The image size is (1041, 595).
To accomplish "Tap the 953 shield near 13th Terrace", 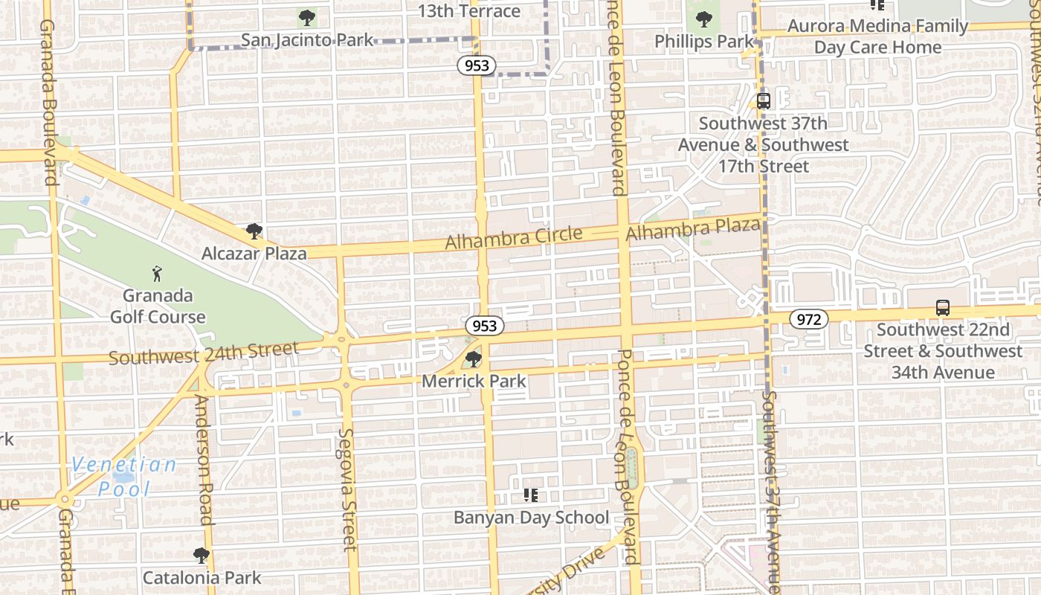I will pyautogui.click(x=477, y=65).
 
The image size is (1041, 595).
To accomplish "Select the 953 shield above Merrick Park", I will pyautogui.click(x=485, y=326).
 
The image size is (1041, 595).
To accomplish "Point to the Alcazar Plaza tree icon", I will pyautogui.click(x=254, y=231).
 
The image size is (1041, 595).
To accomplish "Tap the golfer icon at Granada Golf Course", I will pyautogui.click(x=157, y=273).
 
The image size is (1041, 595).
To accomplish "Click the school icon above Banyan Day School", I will pyautogui.click(x=531, y=495).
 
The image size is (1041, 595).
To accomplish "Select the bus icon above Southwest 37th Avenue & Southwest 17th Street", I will pyautogui.click(x=764, y=101).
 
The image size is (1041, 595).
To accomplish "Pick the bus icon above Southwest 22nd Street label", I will pyautogui.click(x=943, y=308).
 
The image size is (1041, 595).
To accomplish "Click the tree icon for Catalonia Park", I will pyautogui.click(x=201, y=556).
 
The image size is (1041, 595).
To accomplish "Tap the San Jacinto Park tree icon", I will pyautogui.click(x=306, y=18).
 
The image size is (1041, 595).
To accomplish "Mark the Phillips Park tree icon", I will pyautogui.click(x=703, y=20).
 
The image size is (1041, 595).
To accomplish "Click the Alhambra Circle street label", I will pyautogui.click(x=514, y=239).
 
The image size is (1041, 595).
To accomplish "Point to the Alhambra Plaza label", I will pyautogui.click(x=693, y=230).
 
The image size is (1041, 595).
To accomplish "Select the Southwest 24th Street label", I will pyautogui.click(x=204, y=353).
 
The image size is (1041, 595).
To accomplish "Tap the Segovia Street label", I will pyautogui.click(x=347, y=489).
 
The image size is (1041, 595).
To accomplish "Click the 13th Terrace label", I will pyautogui.click(x=469, y=11).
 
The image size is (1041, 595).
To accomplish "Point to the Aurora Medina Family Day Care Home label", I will pyautogui.click(x=877, y=36).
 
